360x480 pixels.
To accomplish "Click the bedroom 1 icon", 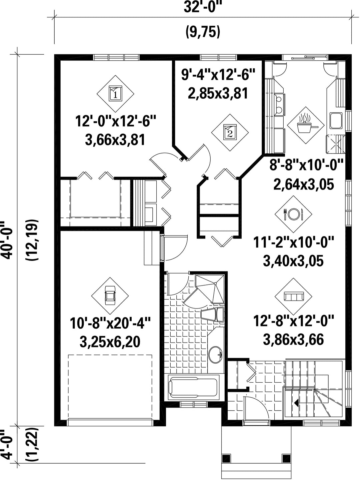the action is [115, 94].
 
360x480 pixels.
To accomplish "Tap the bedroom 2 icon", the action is [230, 132].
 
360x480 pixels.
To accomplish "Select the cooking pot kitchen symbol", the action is [306, 125].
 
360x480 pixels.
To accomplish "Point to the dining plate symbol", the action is [293, 214].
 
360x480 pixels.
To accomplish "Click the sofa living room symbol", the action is [293, 297].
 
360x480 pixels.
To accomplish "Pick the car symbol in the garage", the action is [110, 296].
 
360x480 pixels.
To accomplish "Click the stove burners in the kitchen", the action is [280, 104].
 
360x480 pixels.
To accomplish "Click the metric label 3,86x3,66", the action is [293, 339].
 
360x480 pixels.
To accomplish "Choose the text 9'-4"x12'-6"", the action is [218, 74].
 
